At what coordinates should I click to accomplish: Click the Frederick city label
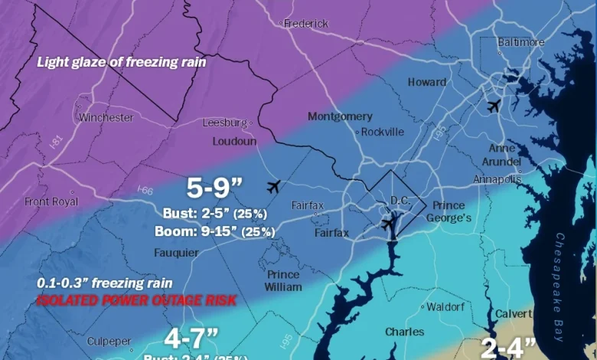[306, 24]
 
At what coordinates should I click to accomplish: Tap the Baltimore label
[521, 42]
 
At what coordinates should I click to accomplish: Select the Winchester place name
[106, 118]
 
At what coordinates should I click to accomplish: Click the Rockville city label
[382, 132]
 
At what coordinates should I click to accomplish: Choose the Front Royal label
[51, 201]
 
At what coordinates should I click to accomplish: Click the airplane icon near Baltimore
[494, 106]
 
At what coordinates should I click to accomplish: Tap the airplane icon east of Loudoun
[273, 186]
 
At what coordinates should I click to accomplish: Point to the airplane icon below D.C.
[389, 223]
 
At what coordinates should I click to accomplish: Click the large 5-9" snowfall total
[215, 187]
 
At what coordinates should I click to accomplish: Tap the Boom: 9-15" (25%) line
[215, 231]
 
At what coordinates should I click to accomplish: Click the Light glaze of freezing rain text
[122, 62]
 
